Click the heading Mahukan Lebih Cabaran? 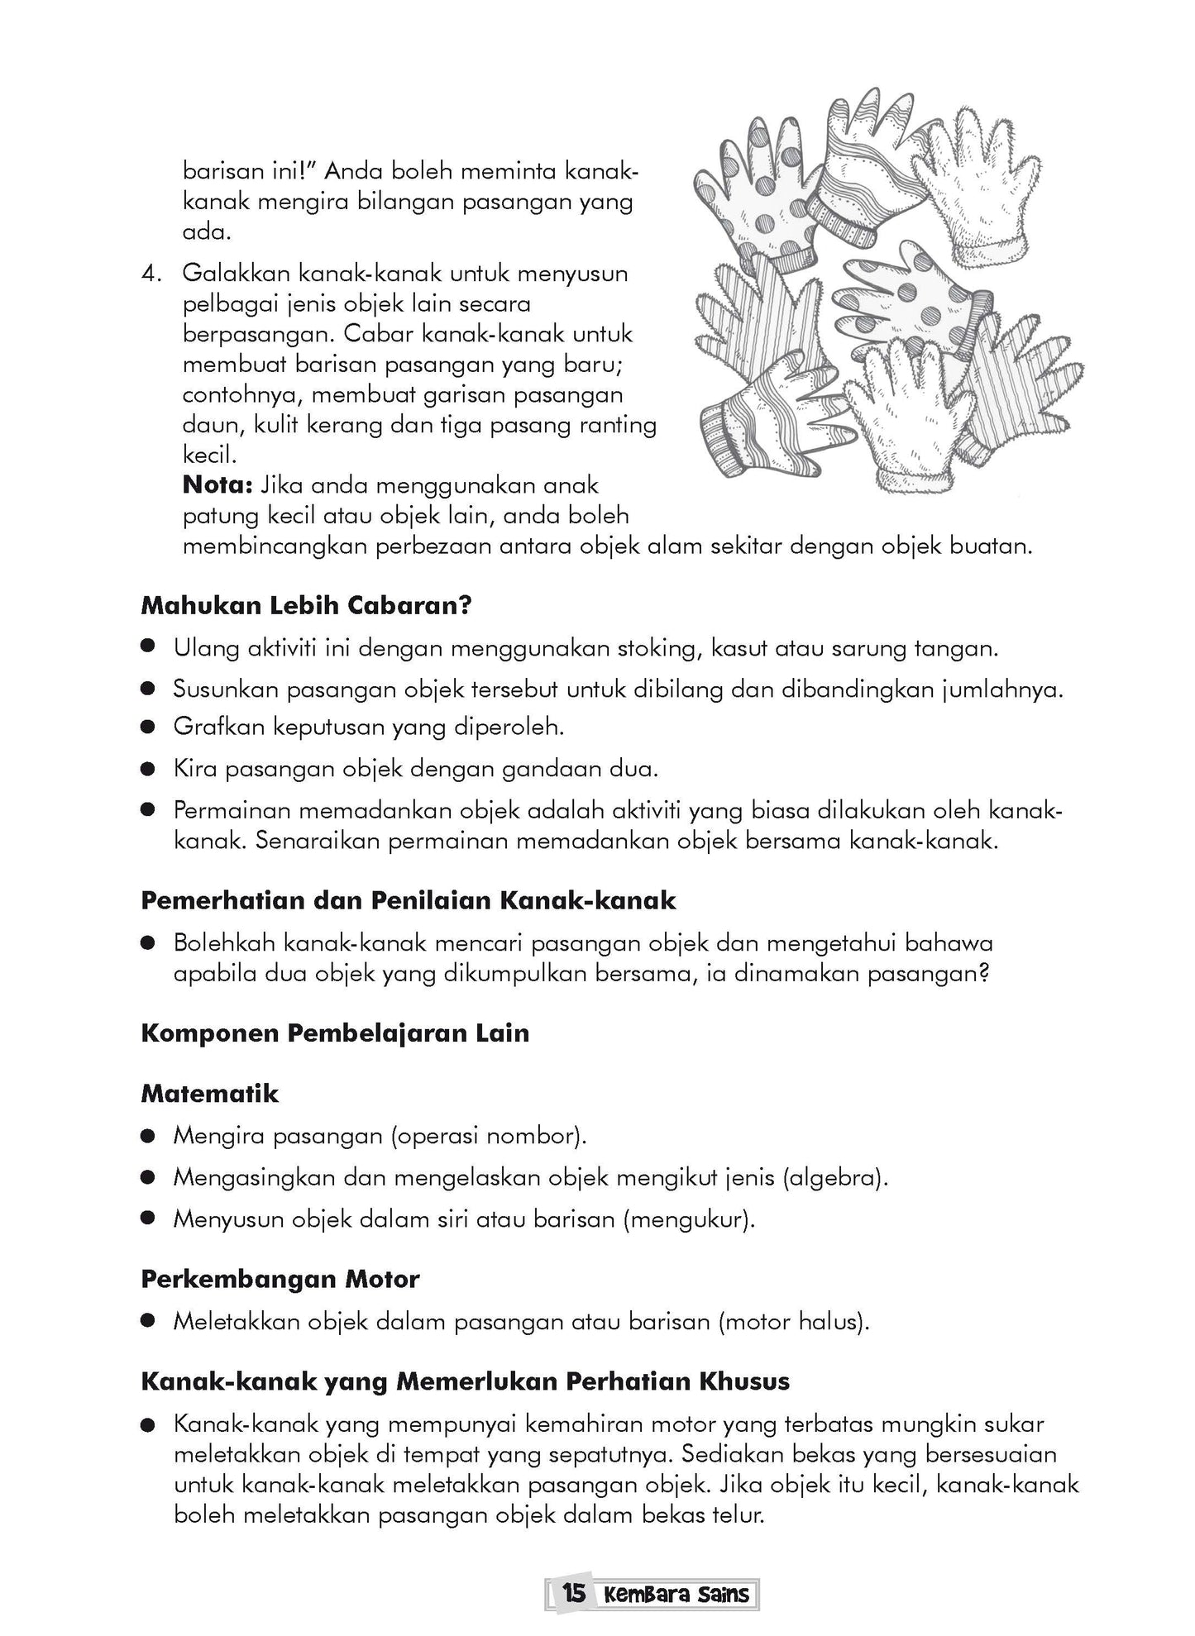point(306,605)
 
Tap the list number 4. point(152,273)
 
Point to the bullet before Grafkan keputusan point(148,728)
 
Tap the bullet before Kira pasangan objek point(148,770)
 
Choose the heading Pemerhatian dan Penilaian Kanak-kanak point(409,900)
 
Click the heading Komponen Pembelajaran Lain point(335,1033)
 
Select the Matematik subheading point(210,1094)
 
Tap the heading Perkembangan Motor point(280,1279)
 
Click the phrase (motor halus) point(794,1321)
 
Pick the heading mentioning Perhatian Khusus point(465,1381)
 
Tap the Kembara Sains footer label point(676,1594)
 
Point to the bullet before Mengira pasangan point(148,1137)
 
